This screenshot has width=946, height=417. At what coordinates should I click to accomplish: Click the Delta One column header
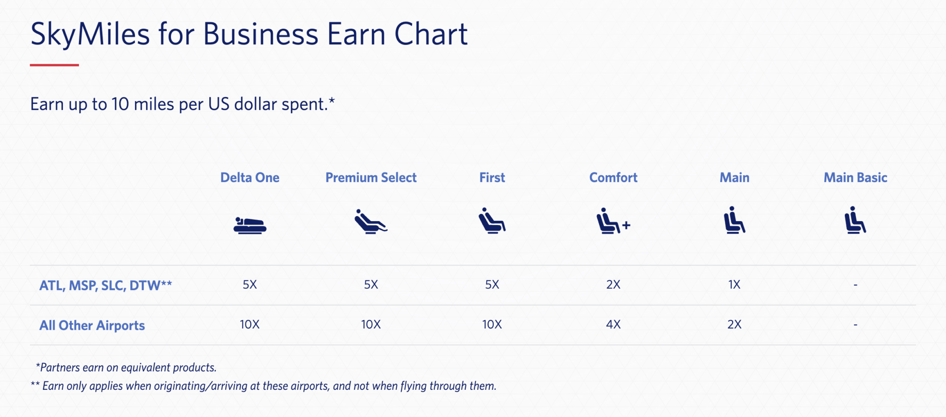pos(249,178)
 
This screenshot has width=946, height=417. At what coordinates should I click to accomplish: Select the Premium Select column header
pos(371,178)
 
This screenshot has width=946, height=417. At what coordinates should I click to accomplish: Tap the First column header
pos(492,178)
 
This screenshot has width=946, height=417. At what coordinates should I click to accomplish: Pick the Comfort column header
pos(613,178)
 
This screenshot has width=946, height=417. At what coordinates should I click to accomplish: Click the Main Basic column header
pos(855,178)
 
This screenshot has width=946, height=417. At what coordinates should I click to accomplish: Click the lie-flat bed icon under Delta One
pos(249,225)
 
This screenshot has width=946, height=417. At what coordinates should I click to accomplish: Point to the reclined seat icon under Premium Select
pos(370,222)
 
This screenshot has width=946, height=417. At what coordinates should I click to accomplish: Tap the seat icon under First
pos(491,221)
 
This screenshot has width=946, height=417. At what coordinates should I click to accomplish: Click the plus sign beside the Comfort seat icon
pos(626,225)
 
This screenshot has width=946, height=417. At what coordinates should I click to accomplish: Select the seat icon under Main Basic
pos(855,220)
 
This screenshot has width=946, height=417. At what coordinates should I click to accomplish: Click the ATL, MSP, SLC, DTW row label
pos(105,285)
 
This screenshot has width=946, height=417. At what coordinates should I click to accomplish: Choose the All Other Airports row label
pos(92,326)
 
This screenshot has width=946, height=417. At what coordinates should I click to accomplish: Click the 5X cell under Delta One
pos(249,284)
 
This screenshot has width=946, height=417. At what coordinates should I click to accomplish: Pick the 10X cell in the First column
pos(491,325)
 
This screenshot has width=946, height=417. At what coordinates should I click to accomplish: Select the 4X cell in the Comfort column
pos(613,325)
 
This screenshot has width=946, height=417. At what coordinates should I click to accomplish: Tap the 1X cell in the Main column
pos(734,284)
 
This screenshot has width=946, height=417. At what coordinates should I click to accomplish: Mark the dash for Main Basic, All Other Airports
pos(855,325)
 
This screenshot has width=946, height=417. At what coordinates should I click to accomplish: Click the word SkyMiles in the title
pos(90,35)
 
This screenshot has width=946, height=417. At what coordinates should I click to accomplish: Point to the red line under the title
pos(55,65)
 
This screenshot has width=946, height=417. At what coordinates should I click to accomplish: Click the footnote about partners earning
pos(126,368)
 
